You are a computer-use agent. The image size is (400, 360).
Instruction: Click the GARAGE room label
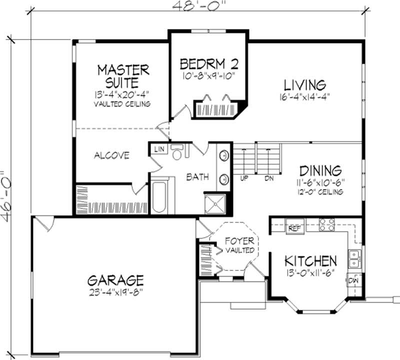(115, 279)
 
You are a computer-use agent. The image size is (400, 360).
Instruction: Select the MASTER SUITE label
(123, 75)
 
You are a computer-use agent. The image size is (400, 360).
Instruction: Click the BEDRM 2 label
(208, 64)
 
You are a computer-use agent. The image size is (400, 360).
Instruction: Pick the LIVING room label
(304, 84)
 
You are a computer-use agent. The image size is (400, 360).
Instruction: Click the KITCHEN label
(310, 260)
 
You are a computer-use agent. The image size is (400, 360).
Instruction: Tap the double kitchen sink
(354, 258)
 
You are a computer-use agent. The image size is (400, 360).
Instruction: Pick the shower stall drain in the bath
(216, 203)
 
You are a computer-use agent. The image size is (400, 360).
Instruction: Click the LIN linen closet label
(159, 149)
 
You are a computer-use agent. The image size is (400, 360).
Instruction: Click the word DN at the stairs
(269, 178)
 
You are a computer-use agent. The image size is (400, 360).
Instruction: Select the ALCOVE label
(111, 155)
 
